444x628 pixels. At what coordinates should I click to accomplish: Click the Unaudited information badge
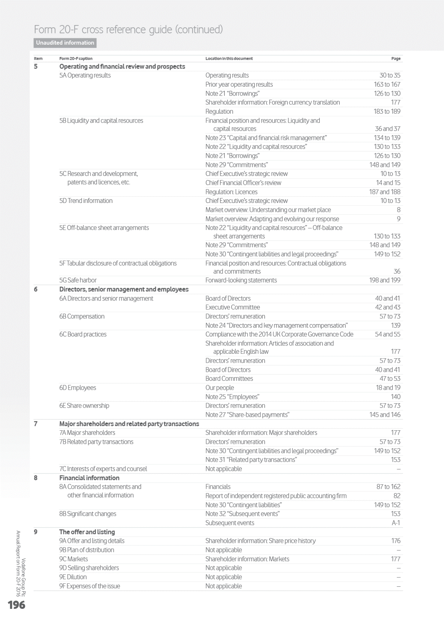(65, 43)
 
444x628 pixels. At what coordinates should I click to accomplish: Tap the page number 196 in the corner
(17, 605)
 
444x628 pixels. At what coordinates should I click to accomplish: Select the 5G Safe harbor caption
(78, 280)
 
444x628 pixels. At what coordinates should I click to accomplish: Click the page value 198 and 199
(385, 280)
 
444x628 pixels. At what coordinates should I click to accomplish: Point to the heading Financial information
(89, 478)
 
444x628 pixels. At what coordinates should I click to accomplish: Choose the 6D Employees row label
(77, 388)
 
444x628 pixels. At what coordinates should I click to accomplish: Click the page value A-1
(396, 523)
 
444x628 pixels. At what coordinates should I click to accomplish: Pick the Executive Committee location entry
(232, 307)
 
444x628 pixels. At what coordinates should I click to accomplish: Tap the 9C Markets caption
(73, 559)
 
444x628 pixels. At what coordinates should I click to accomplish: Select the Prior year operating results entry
(239, 84)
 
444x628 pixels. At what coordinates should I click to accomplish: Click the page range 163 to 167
(387, 84)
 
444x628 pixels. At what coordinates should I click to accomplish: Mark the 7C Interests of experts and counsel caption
(103, 469)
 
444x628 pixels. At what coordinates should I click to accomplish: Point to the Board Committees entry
(229, 379)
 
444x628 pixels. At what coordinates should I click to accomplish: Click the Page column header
(396, 59)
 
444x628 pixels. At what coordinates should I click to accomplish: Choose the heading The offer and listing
(87, 532)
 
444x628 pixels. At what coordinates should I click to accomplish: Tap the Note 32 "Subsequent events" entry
(242, 514)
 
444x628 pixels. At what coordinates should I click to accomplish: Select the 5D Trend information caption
(86, 201)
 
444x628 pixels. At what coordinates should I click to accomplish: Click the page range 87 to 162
(388, 487)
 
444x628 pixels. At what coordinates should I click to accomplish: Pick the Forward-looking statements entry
(241, 280)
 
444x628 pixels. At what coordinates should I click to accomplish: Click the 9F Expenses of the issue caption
(89, 586)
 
